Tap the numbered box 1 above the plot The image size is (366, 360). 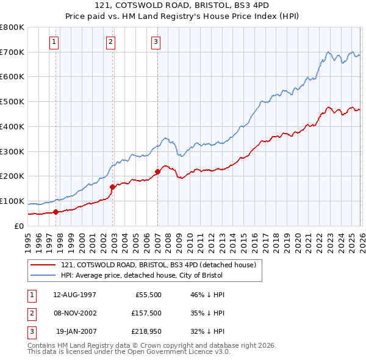[54, 42]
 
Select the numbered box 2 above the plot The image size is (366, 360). [110, 42]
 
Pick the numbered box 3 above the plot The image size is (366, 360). [156, 42]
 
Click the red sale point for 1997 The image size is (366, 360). [56, 212]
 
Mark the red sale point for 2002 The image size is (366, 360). [112, 187]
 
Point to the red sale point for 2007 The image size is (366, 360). [157, 171]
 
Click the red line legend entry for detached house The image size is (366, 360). [162, 265]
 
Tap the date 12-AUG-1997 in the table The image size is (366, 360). [75, 295]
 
